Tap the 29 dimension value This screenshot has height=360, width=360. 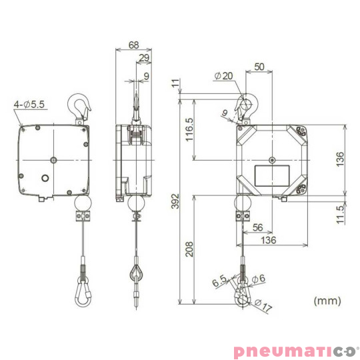(144, 59)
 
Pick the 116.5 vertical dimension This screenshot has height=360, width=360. (189, 130)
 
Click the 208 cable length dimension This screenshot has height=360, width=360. (189, 248)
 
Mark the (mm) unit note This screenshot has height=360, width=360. (326, 300)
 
